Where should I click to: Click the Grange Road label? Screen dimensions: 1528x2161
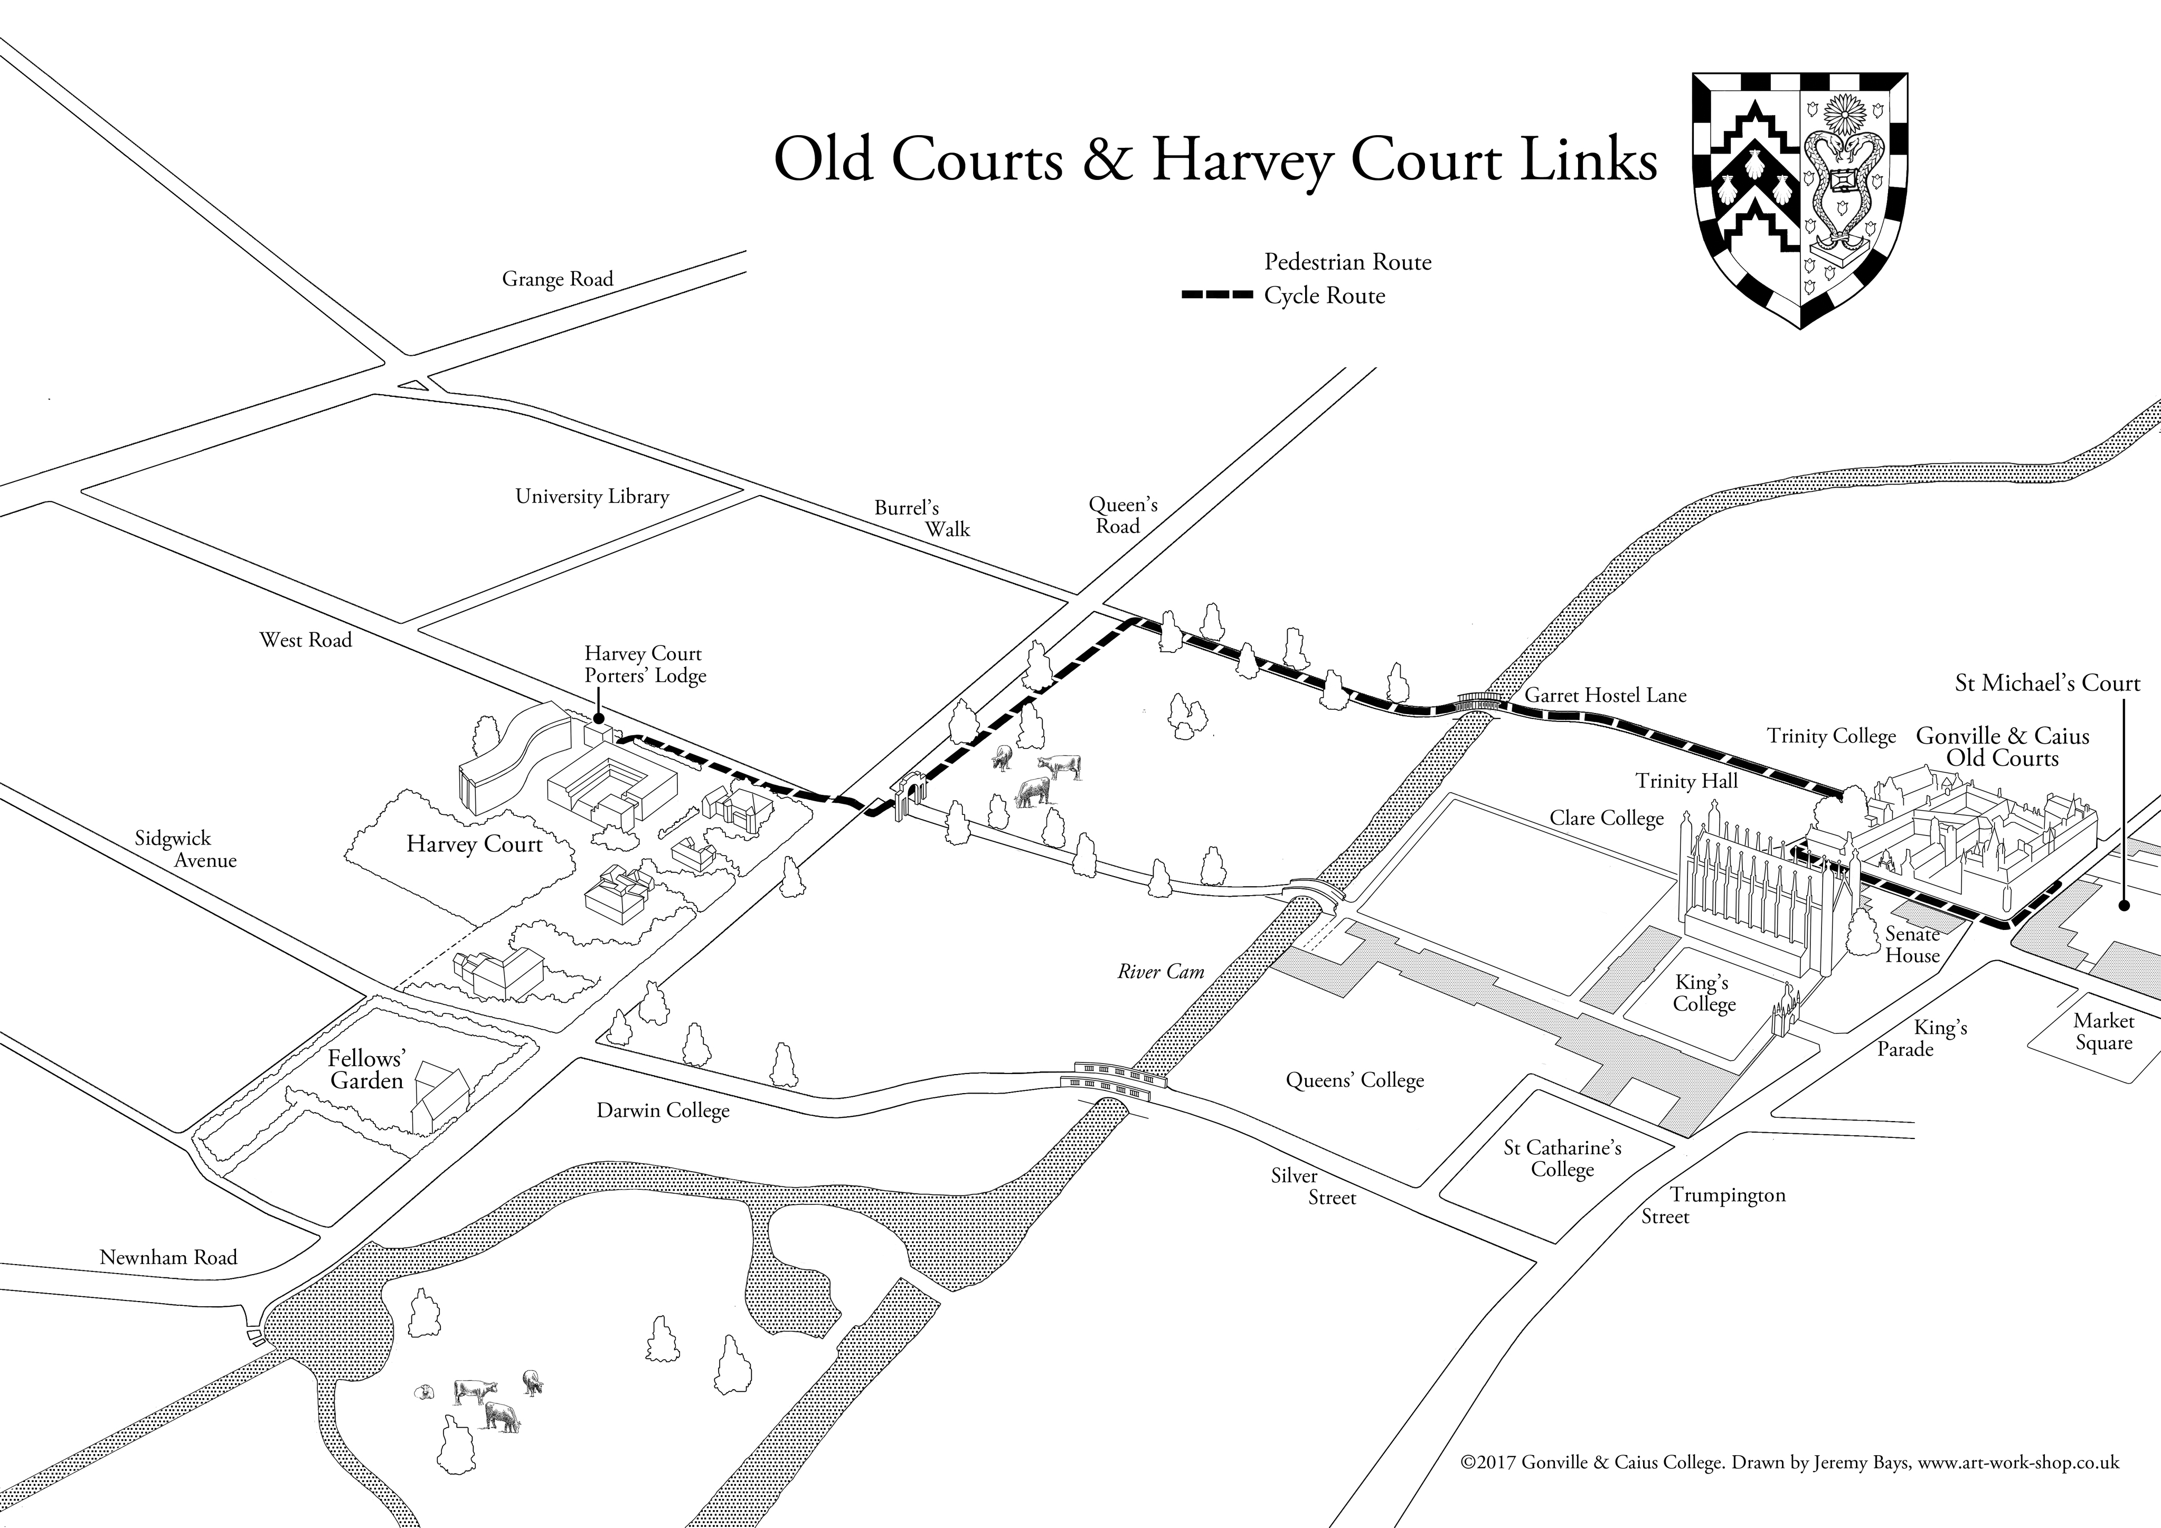[x=557, y=279]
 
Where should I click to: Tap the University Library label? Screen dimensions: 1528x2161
[x=592, y=497]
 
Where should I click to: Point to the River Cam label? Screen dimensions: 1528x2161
[x=1160, y=972]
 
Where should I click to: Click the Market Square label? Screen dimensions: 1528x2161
[x=2103, y=1032]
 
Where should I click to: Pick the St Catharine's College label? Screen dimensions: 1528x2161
[x=1562, y=1158]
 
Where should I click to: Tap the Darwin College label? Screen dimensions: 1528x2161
[x=663, y=1111]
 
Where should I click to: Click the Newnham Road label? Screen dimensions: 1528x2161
[x=168, y=1258]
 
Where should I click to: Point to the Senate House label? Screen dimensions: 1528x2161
[x=1912, y=945]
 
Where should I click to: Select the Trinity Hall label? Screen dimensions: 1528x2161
[x=1687, y=781]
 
